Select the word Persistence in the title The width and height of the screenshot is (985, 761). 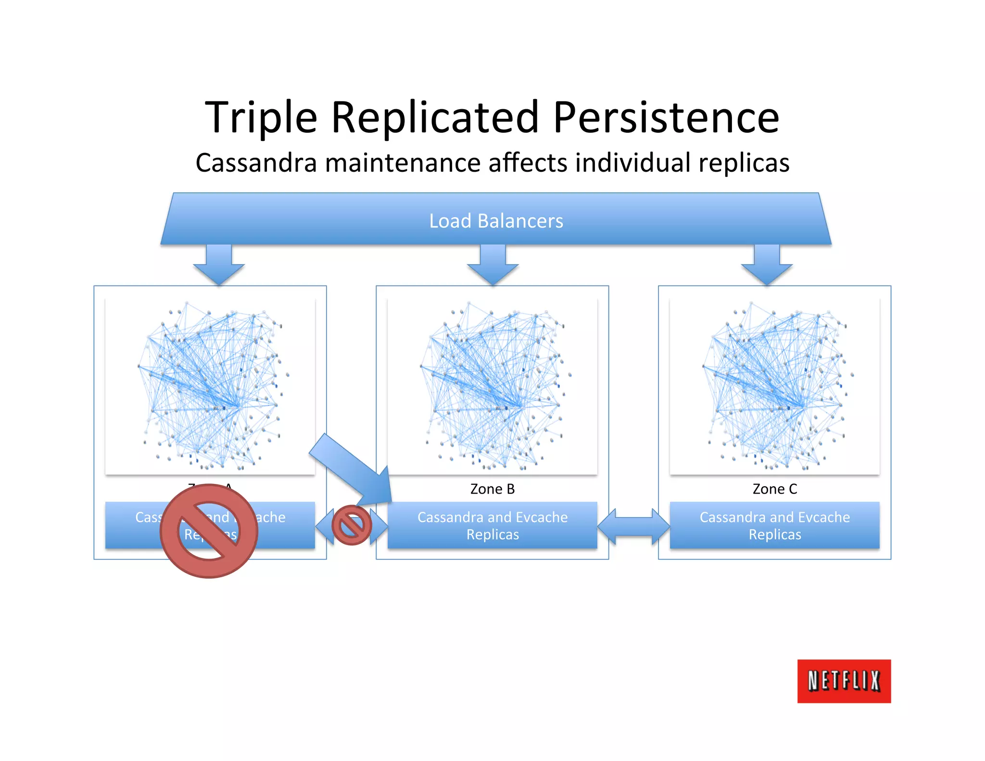click(666, 118)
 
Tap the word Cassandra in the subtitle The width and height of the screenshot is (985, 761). click(256, 163)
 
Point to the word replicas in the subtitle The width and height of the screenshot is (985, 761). click(744, 163)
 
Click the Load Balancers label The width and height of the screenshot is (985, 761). click(496, 221)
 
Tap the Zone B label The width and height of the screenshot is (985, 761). click(492, 489)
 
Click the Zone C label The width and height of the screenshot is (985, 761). click(775, 489)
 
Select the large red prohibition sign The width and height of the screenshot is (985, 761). click(209, 531)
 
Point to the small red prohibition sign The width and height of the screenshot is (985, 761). click(352, 525)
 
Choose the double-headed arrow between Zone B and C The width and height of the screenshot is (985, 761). click(633, 526)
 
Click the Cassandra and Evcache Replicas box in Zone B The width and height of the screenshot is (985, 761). click(492, 525)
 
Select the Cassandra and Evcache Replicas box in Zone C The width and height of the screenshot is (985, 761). click(775, 525)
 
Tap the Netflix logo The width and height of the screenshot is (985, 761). click(844, 681)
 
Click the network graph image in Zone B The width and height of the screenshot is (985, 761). click(492, 386)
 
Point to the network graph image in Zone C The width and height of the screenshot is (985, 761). click(775, 386)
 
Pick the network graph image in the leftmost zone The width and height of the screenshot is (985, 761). click(210, 386)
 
